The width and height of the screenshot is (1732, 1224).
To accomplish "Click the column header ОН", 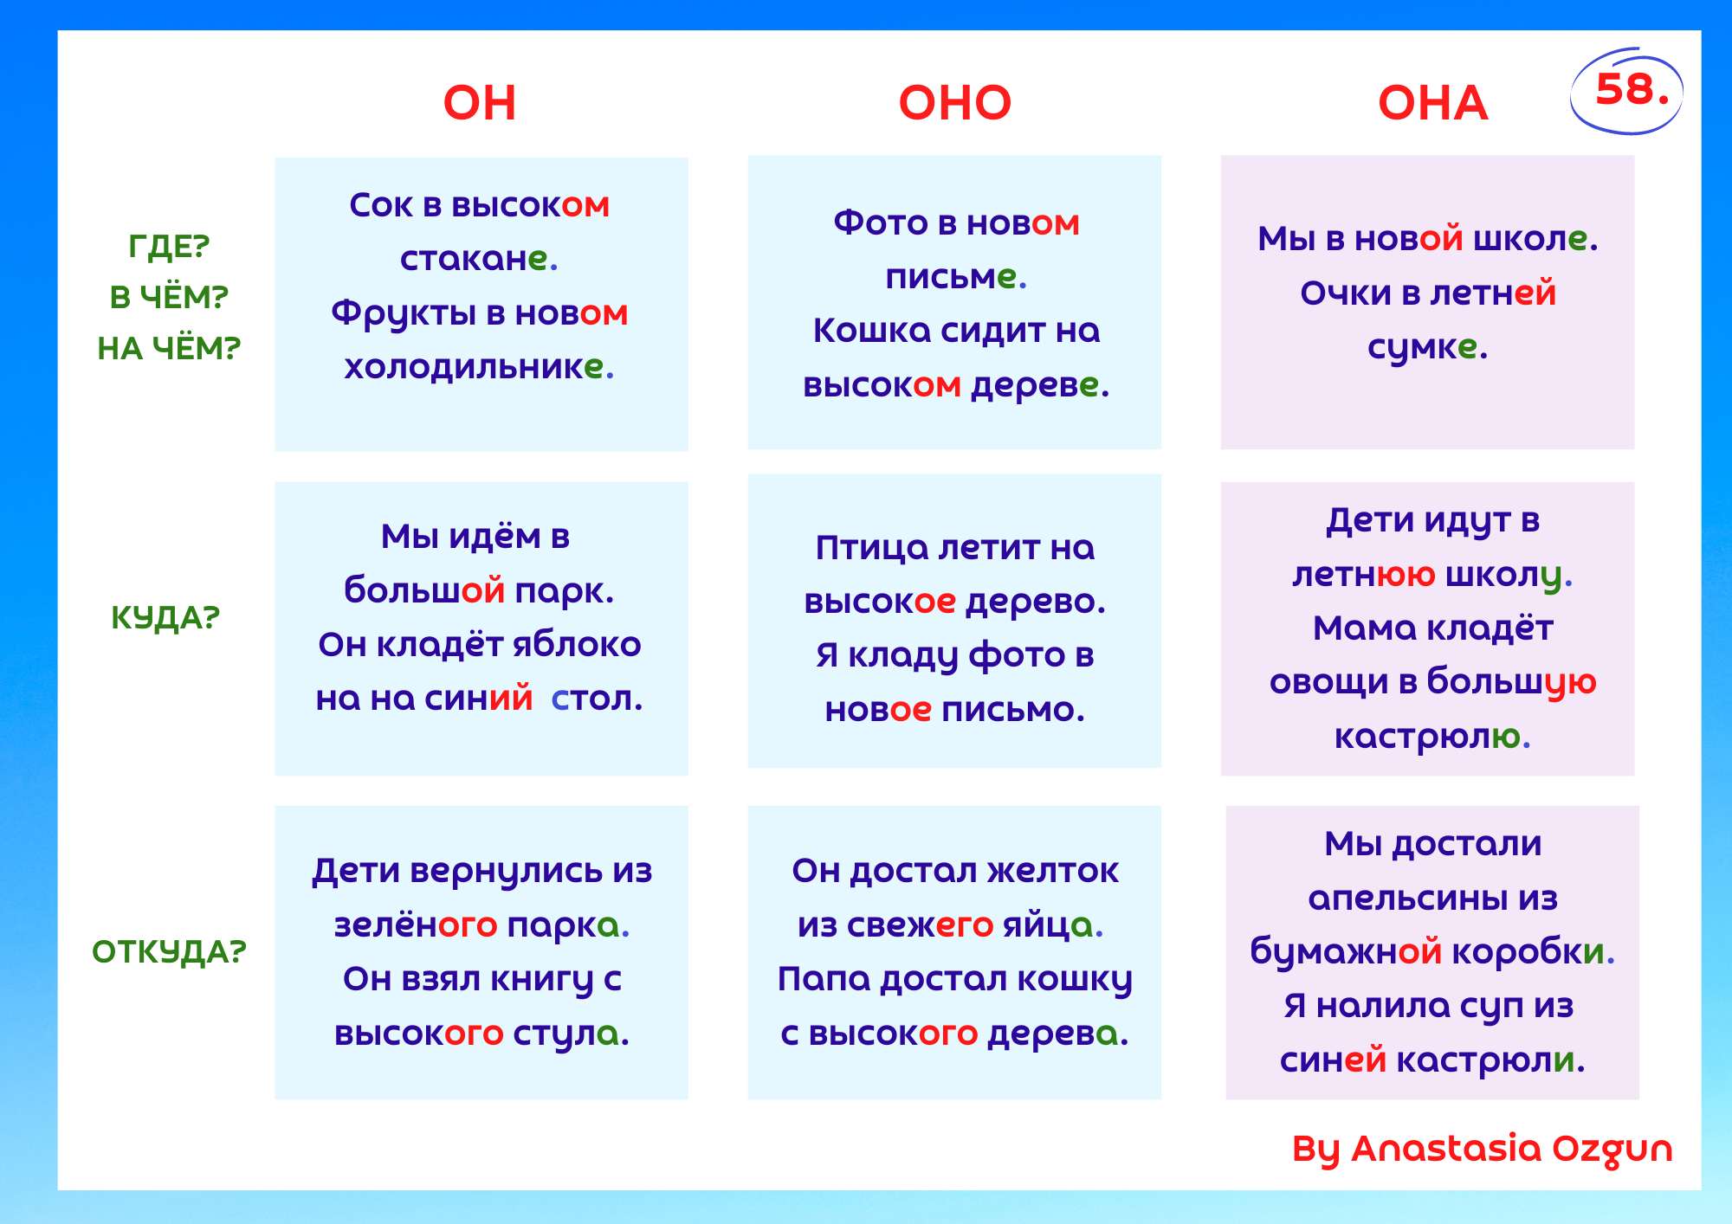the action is tap(479, 103).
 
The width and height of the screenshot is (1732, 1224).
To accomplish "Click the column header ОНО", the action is tap(954, 103).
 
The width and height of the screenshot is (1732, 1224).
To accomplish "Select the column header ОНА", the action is tap(1432, 103).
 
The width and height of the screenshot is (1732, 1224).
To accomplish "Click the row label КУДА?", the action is tap(165, 618).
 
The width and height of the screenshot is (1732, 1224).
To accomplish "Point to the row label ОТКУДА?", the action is tap(169, 952).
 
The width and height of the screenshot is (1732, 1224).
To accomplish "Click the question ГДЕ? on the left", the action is tap(169, 247).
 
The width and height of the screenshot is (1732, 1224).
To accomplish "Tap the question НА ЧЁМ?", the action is tap(169, 348).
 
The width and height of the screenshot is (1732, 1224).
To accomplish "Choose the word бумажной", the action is tap(1346, 952).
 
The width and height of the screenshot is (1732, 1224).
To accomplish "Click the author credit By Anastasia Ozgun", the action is tap(1482, 1150).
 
